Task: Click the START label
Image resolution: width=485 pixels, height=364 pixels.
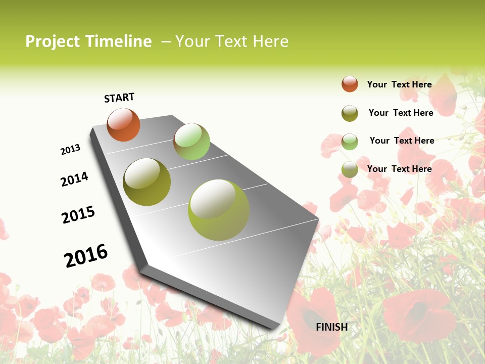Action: [x=119, y=98]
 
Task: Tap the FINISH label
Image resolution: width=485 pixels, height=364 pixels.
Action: [x=332, y=327]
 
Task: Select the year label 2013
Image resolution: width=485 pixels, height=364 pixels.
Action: [x=71, y=150]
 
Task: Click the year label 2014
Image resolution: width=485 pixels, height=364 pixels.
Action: [x=75, y=179]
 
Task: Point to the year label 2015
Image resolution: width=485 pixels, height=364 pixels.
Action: [x=78, y=214]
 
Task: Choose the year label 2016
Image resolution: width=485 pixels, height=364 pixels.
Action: [x=86, y=256]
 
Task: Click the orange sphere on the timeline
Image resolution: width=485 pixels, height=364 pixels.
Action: [x=123, y=125]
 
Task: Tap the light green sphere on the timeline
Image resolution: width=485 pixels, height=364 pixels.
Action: [x=191, y=142]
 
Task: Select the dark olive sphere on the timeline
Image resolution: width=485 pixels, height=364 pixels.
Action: [x=147, y=182]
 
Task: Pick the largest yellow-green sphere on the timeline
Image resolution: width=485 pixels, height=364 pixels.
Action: [x=219, y=210]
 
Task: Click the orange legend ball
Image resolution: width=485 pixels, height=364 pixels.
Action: [x=350, y=84]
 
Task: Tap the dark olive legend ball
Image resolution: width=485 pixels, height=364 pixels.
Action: [x=350, y=113]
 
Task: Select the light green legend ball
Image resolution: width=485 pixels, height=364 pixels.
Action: [x=350, y=142]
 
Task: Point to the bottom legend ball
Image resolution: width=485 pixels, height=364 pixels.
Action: [x=350, y=169]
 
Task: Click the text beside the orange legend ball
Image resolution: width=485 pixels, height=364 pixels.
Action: [x=399, y=84]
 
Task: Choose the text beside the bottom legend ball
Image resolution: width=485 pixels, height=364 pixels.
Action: [x=399, y=169]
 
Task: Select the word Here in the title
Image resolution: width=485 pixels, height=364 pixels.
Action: [x=270, y=41]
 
